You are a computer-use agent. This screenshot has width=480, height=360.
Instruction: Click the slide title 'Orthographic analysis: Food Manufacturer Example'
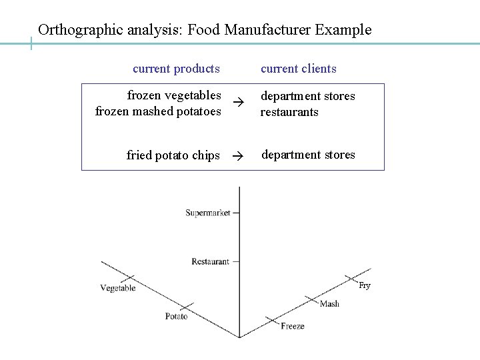205,30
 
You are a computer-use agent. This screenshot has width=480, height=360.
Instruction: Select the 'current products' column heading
176,69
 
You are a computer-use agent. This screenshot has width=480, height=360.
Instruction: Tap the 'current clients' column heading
298,69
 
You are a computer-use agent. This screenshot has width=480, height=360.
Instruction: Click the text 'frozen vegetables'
174,95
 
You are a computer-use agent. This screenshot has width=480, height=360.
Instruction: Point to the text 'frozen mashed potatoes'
158,111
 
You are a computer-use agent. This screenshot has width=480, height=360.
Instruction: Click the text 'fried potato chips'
173,155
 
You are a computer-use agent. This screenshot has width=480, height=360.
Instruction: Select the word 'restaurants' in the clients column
289,112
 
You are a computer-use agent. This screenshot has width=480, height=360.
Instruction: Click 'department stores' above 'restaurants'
307,96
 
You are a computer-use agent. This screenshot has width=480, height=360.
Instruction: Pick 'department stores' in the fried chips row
308,155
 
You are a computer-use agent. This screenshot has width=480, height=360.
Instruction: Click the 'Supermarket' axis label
207,213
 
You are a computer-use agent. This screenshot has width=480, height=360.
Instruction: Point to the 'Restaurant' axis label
210,262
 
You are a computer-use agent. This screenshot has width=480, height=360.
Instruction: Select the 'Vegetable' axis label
118,288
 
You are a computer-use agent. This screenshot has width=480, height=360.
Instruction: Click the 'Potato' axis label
177,316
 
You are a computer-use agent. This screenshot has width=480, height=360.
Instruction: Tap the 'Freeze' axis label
293,326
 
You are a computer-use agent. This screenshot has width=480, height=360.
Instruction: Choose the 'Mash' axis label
329,304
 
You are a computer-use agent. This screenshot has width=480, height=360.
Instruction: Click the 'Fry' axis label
365,286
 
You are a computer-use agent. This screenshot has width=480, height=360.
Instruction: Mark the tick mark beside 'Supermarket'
236,213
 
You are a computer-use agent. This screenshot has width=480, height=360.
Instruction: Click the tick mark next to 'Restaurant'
235,262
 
